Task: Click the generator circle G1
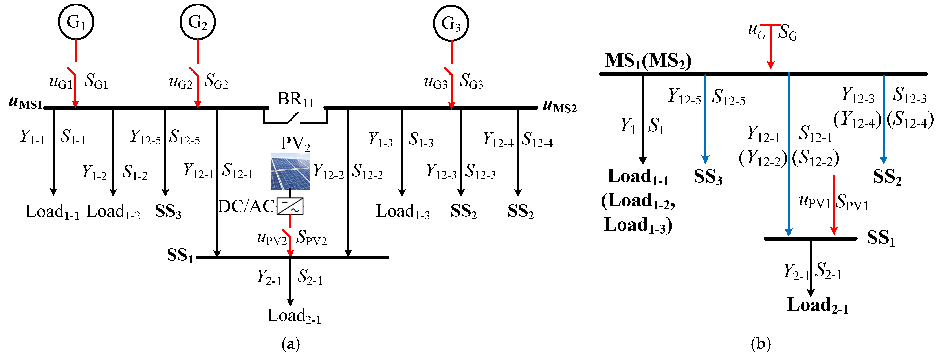[76, 22]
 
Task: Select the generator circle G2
[198, 22]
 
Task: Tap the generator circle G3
[451, 23]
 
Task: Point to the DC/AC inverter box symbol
[290, 206]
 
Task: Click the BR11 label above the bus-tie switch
[296, 99]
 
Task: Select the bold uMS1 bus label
[26, 103]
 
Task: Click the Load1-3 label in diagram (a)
[403, 212]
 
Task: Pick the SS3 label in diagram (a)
[168, 211]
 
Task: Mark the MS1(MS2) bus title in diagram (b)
[648, 61]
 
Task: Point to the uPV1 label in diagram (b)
[815, 201]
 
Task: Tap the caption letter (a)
[291, 344]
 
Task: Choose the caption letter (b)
[761, 344]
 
